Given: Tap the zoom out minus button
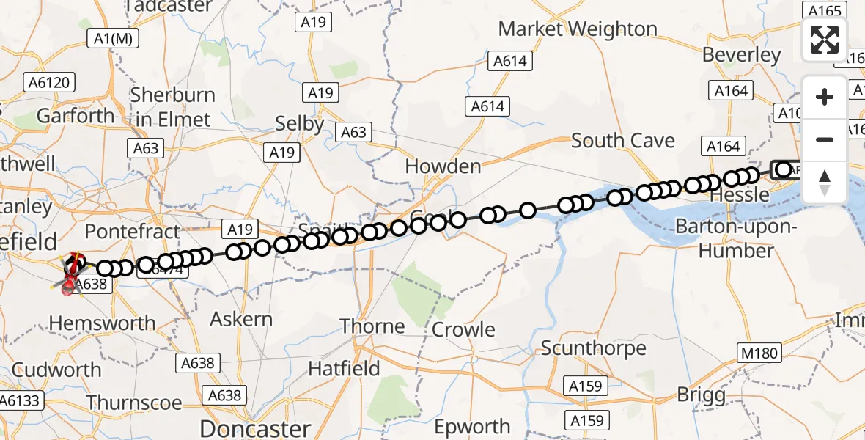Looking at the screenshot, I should coord(825,139).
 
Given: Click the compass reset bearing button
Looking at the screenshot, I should coord(825,182).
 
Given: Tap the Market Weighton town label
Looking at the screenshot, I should coord(578,29).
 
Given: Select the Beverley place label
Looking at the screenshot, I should coord(741,55).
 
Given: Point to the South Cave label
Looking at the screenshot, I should coord(622,140).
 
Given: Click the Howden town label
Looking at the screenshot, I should coord(443,166).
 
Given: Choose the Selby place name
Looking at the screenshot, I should coord(299,124).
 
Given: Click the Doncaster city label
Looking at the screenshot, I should coord(255,428).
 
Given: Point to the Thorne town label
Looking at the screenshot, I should coord(372,326).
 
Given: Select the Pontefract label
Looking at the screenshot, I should coord(132,232).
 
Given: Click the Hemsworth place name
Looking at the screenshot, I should coord(102,323).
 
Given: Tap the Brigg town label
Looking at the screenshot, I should coord(701,395).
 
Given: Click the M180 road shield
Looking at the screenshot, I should coord(759,353).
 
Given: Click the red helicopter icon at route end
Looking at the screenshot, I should coord(72,285).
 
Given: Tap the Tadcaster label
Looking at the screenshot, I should coord(169,7).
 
